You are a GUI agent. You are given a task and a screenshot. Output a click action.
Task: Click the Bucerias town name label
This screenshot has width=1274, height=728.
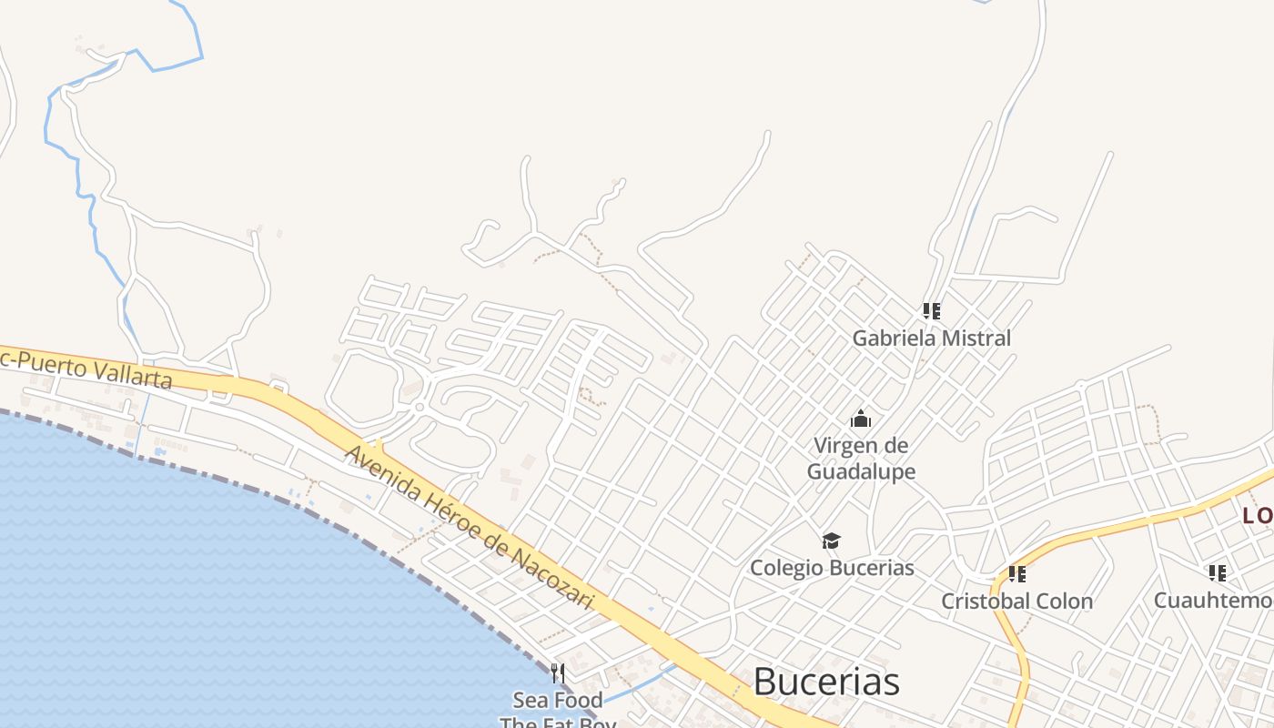[826, 682]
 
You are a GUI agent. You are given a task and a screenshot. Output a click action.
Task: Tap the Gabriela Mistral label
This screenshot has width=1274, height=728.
[931, 339]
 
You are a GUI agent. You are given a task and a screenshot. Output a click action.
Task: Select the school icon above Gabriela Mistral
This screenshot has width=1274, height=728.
[931, 311]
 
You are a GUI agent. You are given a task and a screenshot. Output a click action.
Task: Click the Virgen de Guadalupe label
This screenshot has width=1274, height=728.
[861, 459]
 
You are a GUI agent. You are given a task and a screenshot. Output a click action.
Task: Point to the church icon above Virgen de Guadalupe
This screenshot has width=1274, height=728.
[860, 420]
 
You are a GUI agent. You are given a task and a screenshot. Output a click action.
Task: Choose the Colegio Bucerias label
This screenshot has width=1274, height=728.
[831, 568]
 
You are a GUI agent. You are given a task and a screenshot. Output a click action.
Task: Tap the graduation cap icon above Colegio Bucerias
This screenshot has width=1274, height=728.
[831, 541]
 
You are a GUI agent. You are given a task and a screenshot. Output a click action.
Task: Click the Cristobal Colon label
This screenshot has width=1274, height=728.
[1016, 602]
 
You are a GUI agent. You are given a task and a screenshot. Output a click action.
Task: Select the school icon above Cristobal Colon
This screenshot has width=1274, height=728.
[1016, 574]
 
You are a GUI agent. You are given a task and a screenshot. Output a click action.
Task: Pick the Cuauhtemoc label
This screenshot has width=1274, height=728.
[1214, 601]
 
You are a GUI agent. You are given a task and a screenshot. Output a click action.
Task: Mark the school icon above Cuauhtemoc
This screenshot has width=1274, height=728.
[1217, 573]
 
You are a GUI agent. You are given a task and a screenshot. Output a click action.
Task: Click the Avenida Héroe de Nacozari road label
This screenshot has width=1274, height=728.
[469, 527]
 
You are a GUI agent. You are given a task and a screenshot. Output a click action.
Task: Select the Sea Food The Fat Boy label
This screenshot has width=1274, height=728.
[558, 711]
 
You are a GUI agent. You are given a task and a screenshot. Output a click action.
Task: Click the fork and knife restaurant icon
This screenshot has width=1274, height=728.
[558, 673]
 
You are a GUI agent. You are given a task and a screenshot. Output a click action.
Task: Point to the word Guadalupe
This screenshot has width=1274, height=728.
[861, 471]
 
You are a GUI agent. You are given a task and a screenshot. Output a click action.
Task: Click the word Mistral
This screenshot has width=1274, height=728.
[975, 339]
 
